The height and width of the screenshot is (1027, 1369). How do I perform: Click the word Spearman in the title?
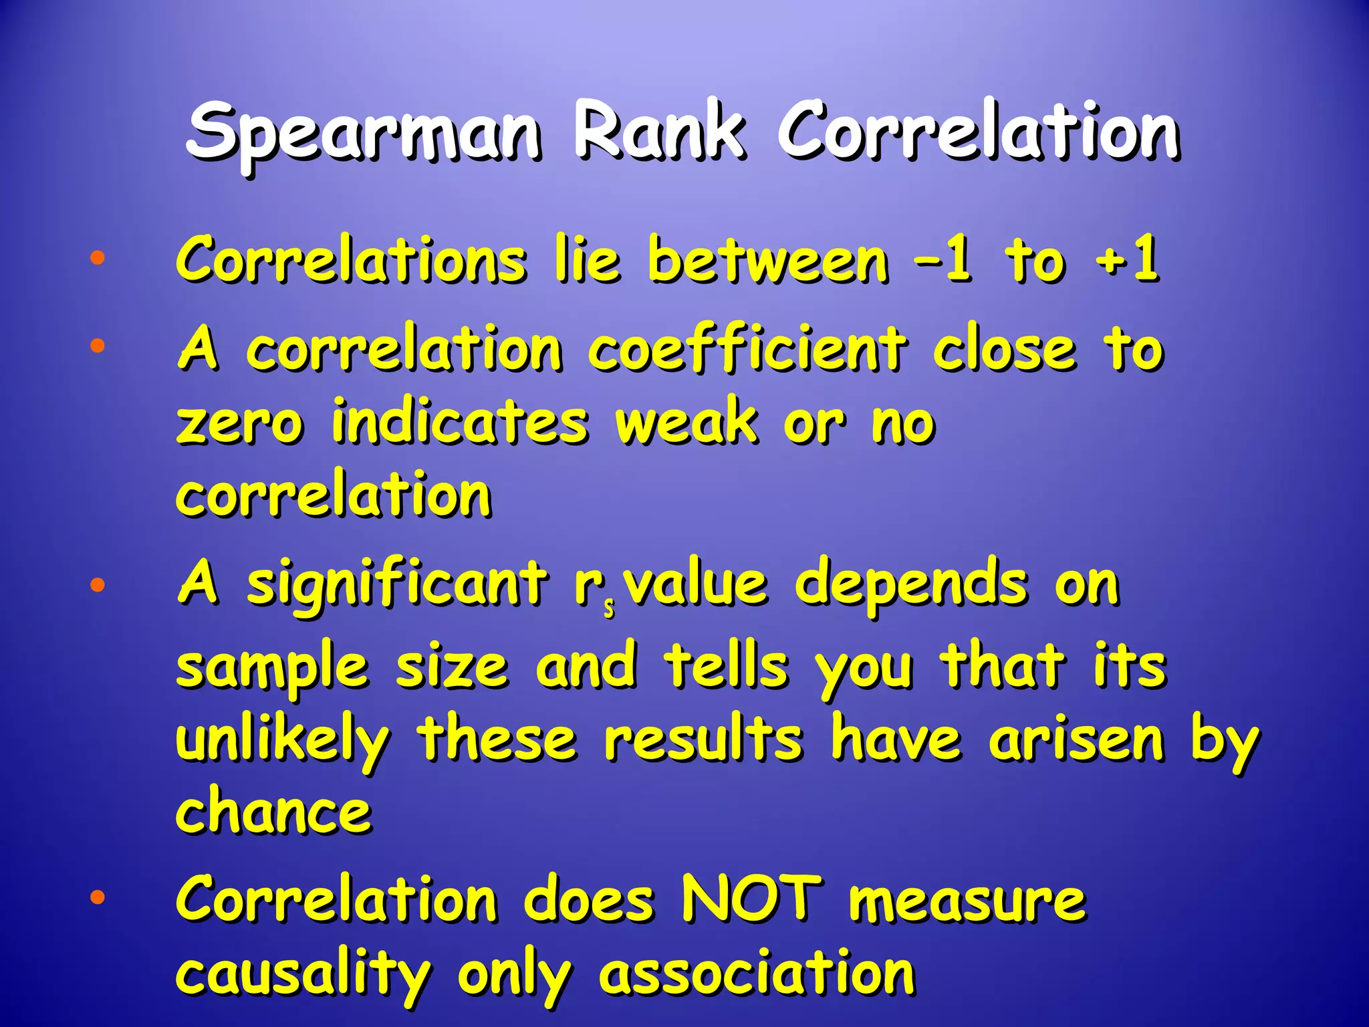pyautogui.click(x=364, y=134)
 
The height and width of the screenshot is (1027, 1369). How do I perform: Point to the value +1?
pyautogui.click(x=1127, y=260)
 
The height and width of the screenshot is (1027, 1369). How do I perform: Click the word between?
pyautogui.click(x=768, y=260)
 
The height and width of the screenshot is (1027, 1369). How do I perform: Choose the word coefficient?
pyautogui.click(x=747, y=349)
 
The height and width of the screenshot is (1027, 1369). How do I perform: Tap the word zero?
pyautogui.click(x=240, y=425)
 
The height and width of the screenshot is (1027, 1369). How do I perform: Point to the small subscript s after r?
pyautogui.click(x=609, y=609)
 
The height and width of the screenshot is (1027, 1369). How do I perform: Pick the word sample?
pyautogui.click(x=272, y=669)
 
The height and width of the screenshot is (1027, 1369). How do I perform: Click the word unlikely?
pyautogui.click(x=282, y=742)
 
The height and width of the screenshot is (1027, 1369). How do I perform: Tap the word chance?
pyautogui.click(x=273, y=812)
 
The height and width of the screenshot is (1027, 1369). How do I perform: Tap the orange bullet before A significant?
pyautogui.click(x=98, y=586)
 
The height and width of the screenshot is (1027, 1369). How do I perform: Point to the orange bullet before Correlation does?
pyautogui.click(x=98, y=898)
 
